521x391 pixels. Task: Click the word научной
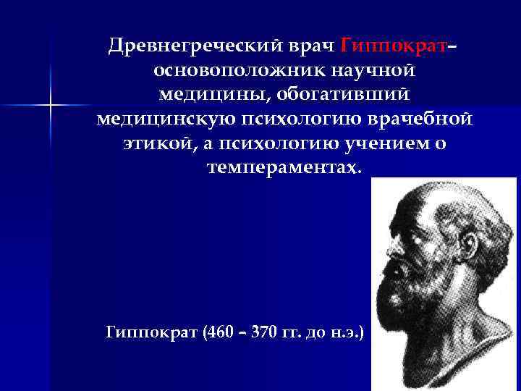pyautogui.click(x=370, y=72)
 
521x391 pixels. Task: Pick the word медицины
pyautogui.click(x=203, y=96)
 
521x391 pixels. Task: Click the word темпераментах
pyautogui.click(x=283, y=168)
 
